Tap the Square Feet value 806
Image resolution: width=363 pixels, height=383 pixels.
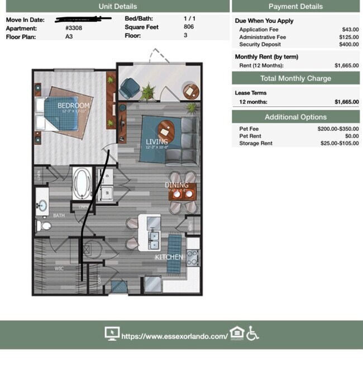[189, 27]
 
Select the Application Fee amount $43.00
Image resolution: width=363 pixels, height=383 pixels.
[350, 29]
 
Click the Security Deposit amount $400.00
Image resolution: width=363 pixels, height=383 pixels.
[348, 44]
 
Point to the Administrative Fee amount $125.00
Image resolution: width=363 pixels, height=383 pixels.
[348, 37]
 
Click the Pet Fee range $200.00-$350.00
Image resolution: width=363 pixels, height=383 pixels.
[338, 129]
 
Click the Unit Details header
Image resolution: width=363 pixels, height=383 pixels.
[117, 6]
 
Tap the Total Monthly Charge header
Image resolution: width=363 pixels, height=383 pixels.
[295, 78]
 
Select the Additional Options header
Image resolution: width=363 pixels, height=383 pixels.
[295, 117]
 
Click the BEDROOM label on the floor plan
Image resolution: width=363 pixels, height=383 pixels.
[73, 105]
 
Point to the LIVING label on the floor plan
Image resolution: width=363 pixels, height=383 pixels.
[156, 141]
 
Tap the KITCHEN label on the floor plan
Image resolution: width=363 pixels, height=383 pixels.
[169, 257]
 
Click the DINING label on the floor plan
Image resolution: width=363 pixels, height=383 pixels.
[176, 185]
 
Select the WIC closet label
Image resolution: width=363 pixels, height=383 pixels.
[59, 268]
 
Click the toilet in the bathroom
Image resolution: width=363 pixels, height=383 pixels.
[44, 226]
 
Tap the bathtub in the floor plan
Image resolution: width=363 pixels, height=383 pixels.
[83, 183]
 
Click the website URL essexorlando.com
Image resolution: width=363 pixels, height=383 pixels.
[174, 336]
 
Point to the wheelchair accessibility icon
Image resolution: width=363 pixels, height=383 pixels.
[253, 334]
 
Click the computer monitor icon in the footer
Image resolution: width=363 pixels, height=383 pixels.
[112, 334]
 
